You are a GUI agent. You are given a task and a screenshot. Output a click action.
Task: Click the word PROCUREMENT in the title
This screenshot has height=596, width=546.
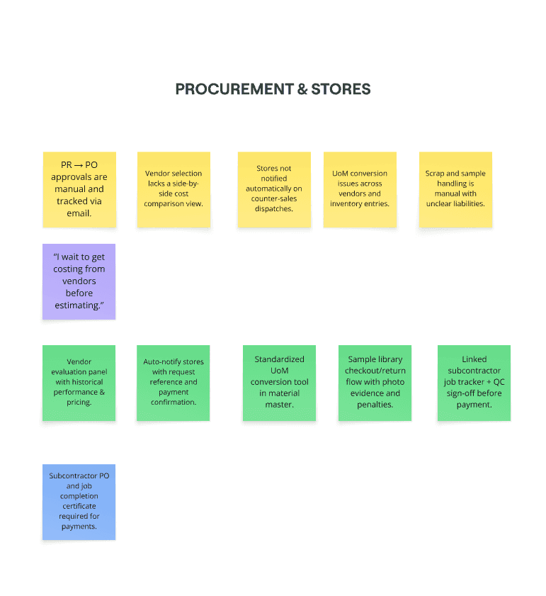tap(234, 89)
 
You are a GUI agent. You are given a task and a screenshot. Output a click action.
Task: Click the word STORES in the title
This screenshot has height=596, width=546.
tap(341, 89)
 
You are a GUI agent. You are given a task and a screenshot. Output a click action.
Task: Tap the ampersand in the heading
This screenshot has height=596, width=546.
tap(302, 89)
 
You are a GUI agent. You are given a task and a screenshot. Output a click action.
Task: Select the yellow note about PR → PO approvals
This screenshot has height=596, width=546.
tap(79, 189)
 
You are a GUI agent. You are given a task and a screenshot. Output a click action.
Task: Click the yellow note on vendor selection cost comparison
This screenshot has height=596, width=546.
tap(174, 189)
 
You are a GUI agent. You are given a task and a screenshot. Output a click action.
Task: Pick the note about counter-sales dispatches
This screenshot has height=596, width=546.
tap(274, 189)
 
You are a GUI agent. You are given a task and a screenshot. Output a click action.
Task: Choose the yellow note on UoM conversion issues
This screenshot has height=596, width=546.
tap(360, 189)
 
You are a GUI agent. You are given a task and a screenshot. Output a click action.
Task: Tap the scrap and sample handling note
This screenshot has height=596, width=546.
tap(455, 189)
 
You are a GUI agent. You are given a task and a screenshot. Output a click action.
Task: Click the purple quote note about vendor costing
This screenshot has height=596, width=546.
tap(79, 281)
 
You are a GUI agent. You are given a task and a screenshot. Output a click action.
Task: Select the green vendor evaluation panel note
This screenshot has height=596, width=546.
tap(79, 383)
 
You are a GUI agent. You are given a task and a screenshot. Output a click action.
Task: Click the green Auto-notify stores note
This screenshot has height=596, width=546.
tap(174, 383)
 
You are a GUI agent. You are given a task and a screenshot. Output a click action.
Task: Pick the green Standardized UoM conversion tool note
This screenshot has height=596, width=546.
tap(280, 383)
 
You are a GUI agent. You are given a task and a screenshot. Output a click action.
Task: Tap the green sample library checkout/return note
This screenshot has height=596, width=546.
tap(375, 383)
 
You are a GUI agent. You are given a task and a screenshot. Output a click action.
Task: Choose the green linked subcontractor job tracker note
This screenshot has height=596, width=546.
tap(474, 383)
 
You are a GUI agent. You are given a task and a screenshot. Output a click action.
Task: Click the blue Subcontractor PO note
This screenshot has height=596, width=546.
tap(79, 502)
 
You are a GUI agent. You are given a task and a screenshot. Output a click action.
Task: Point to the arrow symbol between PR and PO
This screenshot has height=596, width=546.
tap(79, 165)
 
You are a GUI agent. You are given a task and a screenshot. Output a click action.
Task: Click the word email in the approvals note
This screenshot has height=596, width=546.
tap(79, 213)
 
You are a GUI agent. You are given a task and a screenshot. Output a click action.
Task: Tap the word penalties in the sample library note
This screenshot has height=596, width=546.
tap(375, 405)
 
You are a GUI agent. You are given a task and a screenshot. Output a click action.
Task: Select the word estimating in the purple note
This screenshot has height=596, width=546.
tap(79, 305)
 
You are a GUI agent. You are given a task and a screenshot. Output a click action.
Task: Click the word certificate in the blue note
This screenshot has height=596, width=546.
tap(79, 507)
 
